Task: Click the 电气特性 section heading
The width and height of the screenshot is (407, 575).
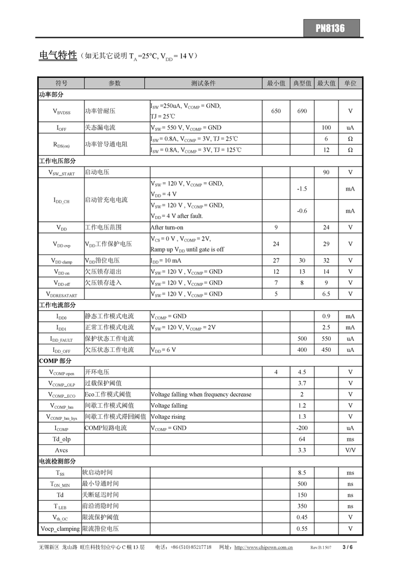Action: click(58, 56)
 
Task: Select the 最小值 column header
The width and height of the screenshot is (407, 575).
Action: click(276, 83)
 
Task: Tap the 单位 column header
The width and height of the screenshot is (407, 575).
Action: click(350, 83)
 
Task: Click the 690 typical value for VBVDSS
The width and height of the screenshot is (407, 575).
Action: click(302, 111)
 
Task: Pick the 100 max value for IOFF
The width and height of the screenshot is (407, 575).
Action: click(326, 128)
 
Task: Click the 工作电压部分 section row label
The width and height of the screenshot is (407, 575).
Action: click(57, 161)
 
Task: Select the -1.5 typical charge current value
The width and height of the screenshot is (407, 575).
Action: click(302, 189)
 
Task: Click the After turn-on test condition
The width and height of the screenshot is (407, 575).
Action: click(167, 228)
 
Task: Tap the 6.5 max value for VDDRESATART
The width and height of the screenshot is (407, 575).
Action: click(326, 294)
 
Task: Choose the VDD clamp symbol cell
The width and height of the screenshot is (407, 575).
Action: click(61, 261)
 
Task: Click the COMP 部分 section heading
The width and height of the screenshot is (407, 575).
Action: click(55, 361)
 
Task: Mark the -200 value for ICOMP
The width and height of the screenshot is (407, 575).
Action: click(302, 428)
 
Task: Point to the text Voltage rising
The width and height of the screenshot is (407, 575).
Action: click(168, 417)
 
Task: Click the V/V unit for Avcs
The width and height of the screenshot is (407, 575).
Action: click(350, 451)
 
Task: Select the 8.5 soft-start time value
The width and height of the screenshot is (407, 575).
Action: click(302, 473)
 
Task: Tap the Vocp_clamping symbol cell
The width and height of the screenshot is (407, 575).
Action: click(61, 529)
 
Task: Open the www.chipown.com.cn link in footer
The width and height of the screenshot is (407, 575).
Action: click(263, 547)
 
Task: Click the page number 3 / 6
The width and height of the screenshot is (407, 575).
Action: click(348, 547)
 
